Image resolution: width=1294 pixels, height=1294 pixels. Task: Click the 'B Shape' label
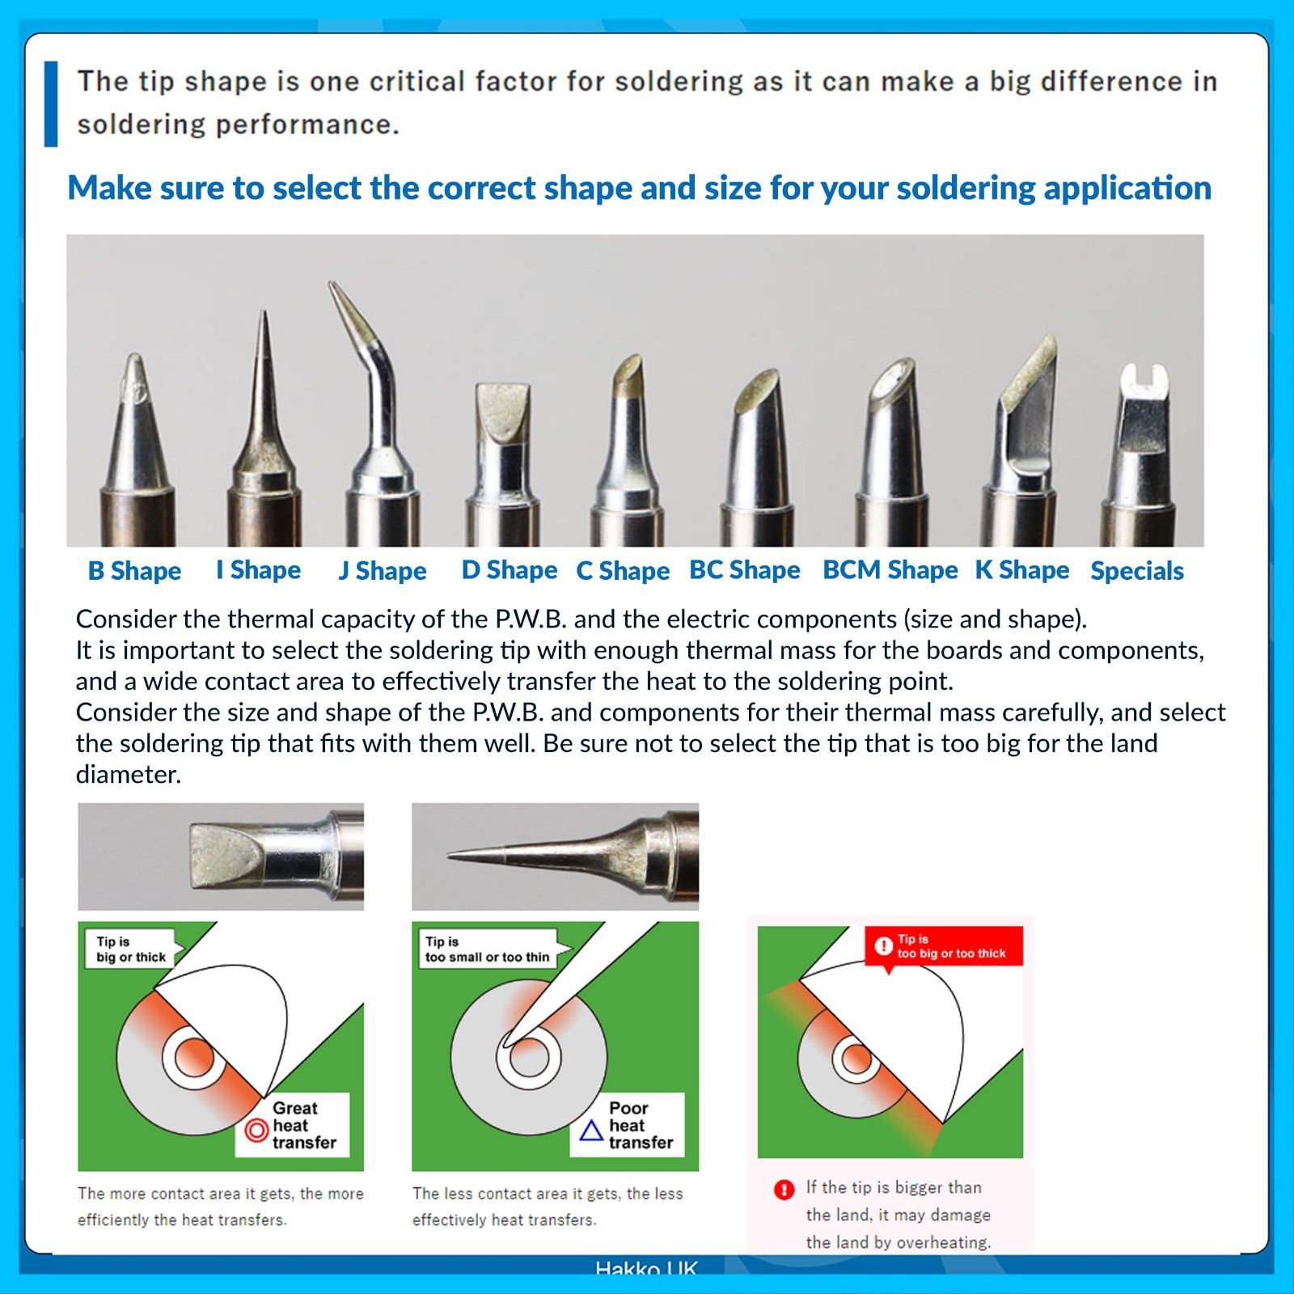coord(134,571)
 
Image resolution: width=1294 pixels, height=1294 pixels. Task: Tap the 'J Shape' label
coord(383,571)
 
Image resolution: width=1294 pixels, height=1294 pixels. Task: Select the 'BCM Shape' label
coord(890,570)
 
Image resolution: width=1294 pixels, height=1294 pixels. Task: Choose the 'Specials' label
coord(1137,571)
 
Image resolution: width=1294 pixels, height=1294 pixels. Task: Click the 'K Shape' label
coord(1022,570)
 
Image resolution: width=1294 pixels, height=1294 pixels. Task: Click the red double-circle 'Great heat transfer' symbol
coord(256,1130)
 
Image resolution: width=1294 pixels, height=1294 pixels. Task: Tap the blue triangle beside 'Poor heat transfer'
coord(592,1130)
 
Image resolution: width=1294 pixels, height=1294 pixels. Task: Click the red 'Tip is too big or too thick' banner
coord(944,946)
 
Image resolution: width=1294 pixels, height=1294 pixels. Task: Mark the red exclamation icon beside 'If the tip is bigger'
coord(784,1190)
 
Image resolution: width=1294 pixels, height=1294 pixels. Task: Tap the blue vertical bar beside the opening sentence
coord(51,104)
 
